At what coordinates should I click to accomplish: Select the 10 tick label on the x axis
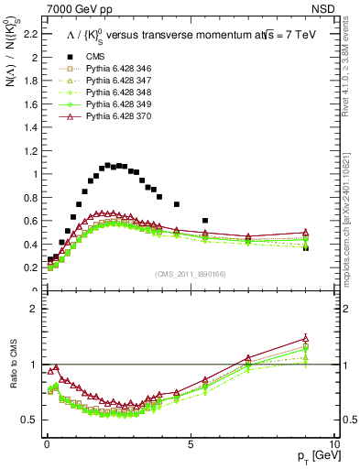tap(333, 443)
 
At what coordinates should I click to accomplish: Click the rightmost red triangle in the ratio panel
tap(306, 339)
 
